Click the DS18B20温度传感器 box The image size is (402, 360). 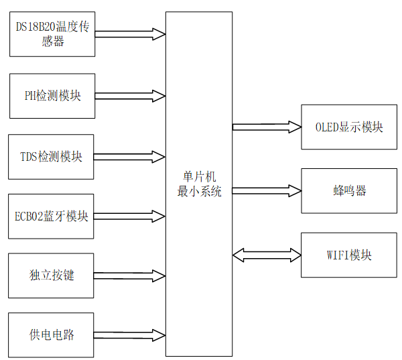point(52,34)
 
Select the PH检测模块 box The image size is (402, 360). point(52,96)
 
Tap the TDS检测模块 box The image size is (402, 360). point(52,157)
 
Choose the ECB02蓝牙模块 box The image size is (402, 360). point(52,216)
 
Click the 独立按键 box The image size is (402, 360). point(52,276)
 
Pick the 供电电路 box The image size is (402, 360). point(52,335)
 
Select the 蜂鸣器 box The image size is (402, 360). point(348,191)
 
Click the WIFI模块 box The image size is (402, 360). point(348,255)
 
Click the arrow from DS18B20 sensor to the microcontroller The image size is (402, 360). point(130,34)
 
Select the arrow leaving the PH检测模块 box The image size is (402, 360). point(130,96)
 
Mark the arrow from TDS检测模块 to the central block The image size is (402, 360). point(130,157)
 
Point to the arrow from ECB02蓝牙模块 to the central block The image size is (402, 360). point(130,216)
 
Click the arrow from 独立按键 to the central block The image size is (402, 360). point(130,276)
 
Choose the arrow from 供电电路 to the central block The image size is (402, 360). point(130,335)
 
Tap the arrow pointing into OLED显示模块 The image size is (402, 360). point(267,126)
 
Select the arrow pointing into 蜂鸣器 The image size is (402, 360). point(267,190)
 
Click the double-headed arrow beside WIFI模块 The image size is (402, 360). point(267,255)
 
